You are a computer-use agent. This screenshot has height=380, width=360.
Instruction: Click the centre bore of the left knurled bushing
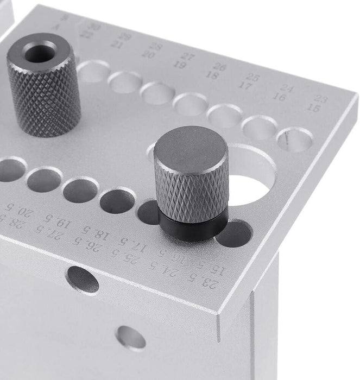(39, 53)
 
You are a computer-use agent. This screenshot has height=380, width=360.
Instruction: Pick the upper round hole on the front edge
(83, 279)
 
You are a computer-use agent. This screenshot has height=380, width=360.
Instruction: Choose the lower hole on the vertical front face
(131, 338)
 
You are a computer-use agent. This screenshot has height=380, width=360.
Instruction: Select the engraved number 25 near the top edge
(252, 78)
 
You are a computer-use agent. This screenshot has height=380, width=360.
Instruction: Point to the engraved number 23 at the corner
(321, 99)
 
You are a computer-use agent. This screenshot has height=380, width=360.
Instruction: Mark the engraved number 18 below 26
(212, 76)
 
